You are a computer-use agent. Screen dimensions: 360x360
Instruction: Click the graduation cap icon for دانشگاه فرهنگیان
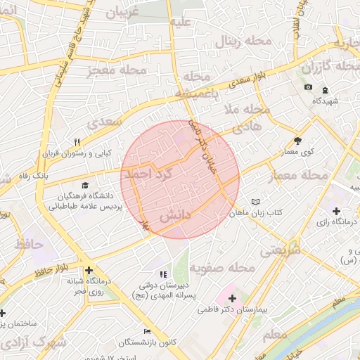(75, 186)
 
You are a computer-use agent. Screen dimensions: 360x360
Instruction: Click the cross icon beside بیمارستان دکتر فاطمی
(232, 298)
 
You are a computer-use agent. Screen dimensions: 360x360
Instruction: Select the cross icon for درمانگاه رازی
(336, 211)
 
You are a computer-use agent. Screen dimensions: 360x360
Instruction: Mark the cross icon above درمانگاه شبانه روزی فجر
(89, 270)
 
